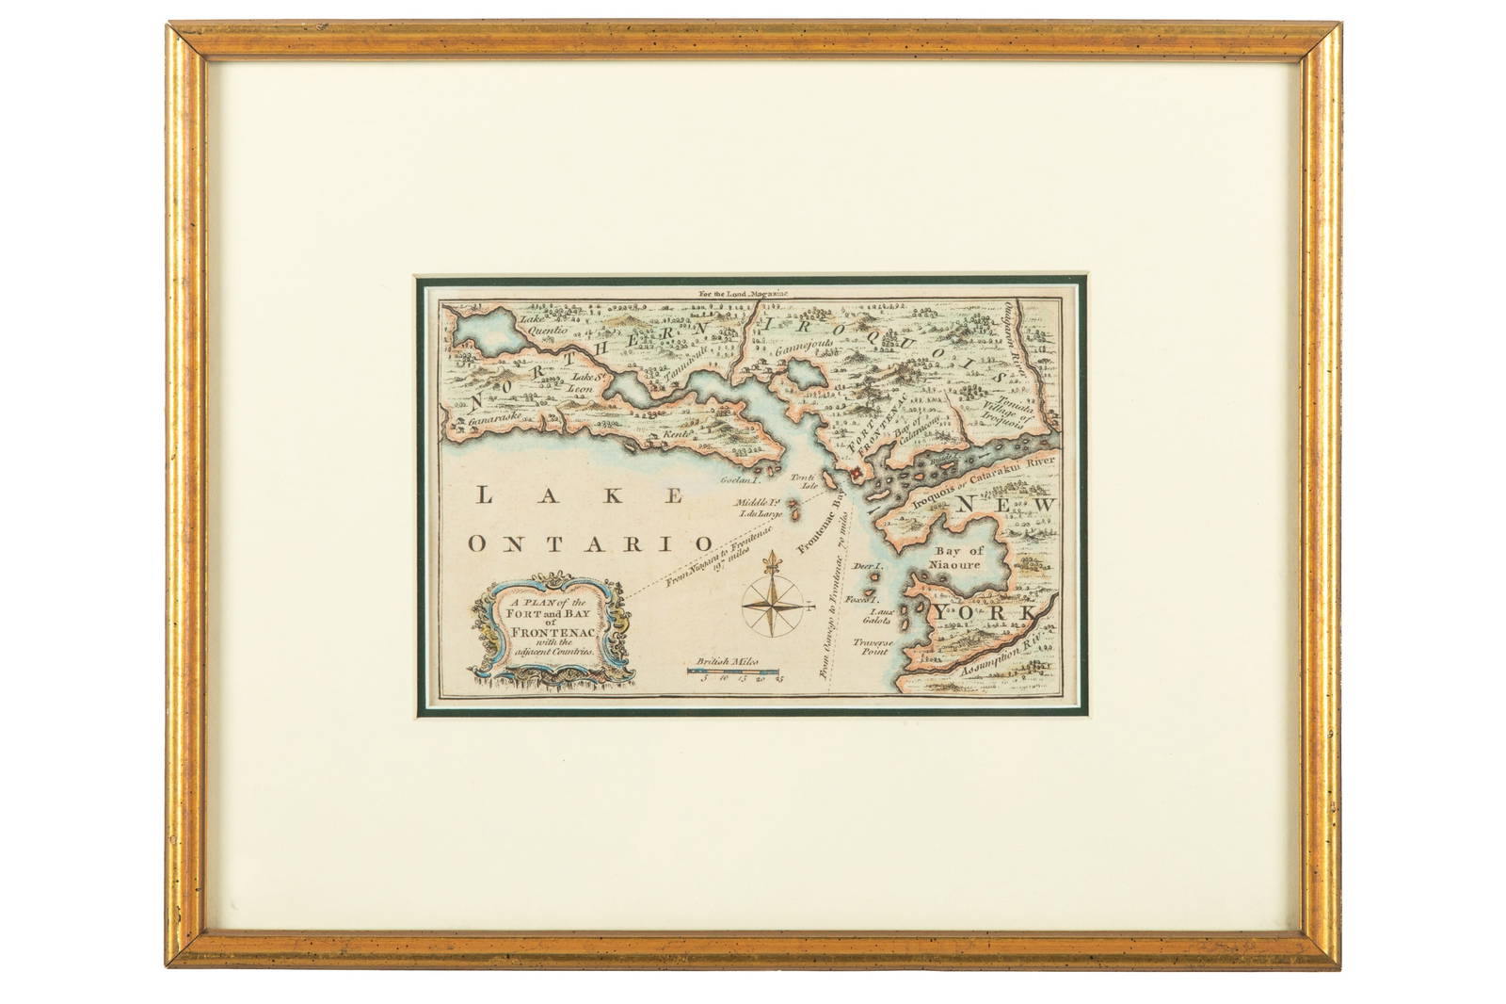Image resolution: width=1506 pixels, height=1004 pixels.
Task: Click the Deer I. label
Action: coord(865,569)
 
